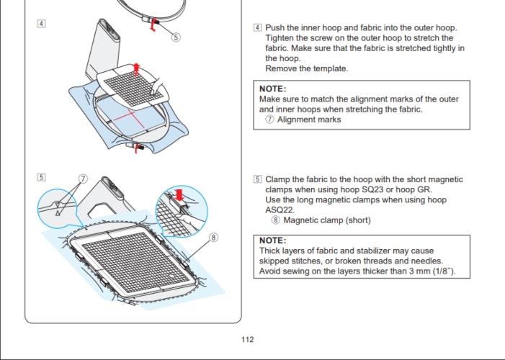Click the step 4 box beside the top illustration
pos(42,24)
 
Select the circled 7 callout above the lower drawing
pos(83,178)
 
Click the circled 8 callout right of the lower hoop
pos(213,237)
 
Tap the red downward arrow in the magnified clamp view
pos(179,194)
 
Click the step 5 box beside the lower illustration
pos(42,176)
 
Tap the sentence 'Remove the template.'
pos(306,68)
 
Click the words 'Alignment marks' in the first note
pos(309,120)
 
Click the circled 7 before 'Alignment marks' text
pos(269,120)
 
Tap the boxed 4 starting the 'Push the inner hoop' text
pos(258,28)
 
